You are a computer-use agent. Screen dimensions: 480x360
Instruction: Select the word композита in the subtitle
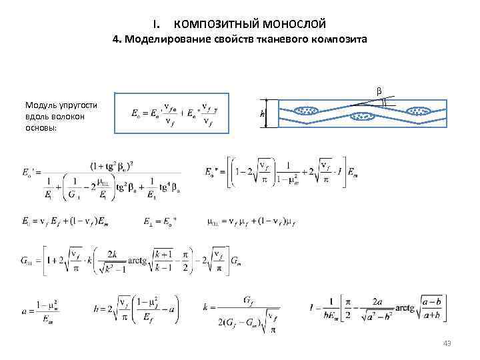tap(339, 40)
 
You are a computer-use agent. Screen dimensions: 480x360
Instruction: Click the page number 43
tap(447, 343)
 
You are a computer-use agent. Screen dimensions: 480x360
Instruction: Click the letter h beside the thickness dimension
tap(261, 114)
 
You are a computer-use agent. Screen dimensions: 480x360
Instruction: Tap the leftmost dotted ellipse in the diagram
tap(307, 110)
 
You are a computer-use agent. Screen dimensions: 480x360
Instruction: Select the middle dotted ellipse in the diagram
tap(363, 118)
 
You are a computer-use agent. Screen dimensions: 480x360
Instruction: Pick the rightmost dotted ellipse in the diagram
tap(419, 110)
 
